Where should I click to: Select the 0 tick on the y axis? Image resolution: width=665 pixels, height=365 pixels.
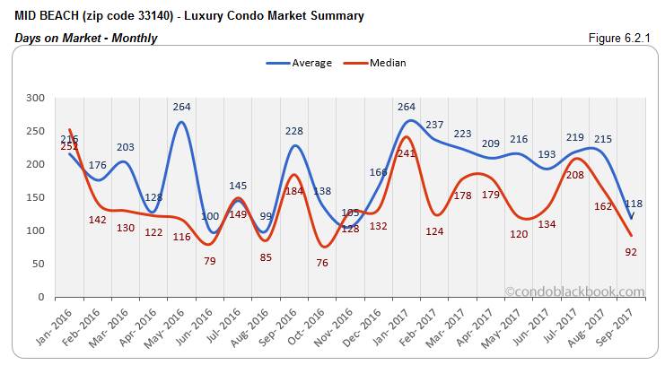pos(39,297)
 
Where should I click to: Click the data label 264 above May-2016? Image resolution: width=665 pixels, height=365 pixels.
pos(181,107)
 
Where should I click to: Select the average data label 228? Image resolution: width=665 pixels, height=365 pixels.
pos(294,131)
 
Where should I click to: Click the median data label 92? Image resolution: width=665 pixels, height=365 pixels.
pos(632,252)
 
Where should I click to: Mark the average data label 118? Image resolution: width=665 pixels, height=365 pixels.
pos(634,204)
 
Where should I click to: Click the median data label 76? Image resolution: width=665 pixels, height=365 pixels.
pos(323,263)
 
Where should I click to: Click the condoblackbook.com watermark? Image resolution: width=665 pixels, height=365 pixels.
pos(574,291)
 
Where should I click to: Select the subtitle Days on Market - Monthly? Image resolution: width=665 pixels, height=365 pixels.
pos(86,38)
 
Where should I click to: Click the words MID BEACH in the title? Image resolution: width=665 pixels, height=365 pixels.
pos(47,16)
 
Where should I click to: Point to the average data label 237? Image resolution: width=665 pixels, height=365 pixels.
pos(435,125)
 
